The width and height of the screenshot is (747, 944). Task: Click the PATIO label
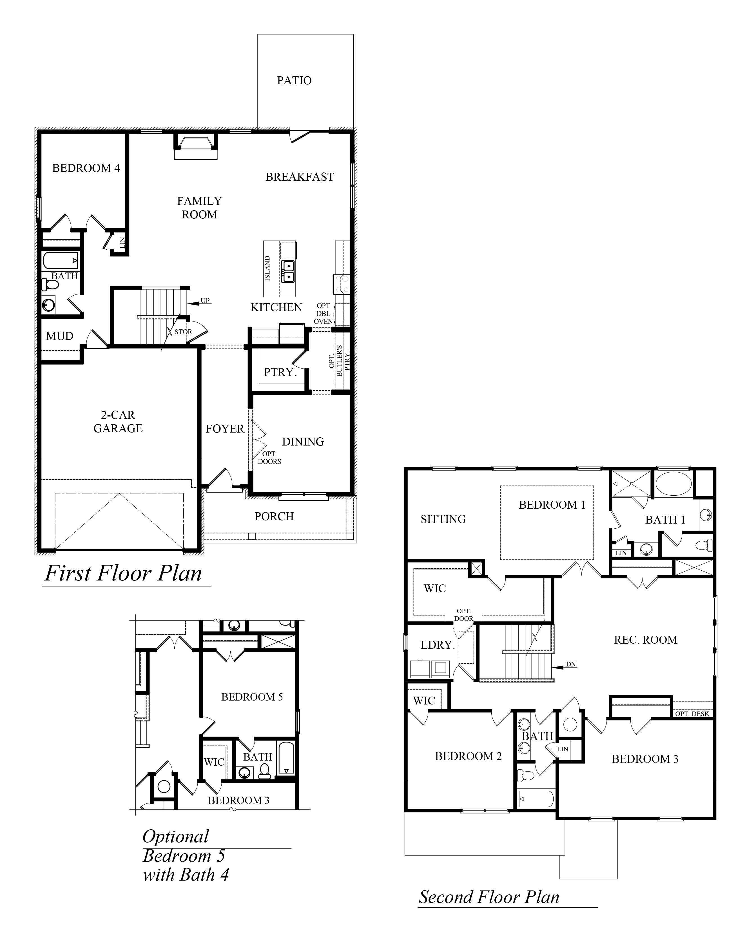click(294, 81)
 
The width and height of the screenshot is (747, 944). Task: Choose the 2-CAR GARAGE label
click(118, 422)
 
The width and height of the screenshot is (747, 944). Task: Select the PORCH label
click(274, 517)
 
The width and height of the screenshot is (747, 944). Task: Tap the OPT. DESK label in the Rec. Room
click(692, 714)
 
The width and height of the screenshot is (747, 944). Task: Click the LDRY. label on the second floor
click(437, 645)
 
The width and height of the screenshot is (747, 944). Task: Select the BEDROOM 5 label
click(252, 697)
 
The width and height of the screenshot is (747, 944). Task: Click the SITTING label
click(443, 520)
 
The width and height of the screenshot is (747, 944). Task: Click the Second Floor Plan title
click(489, 897)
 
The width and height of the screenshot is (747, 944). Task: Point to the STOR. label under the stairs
click(184, 332)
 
